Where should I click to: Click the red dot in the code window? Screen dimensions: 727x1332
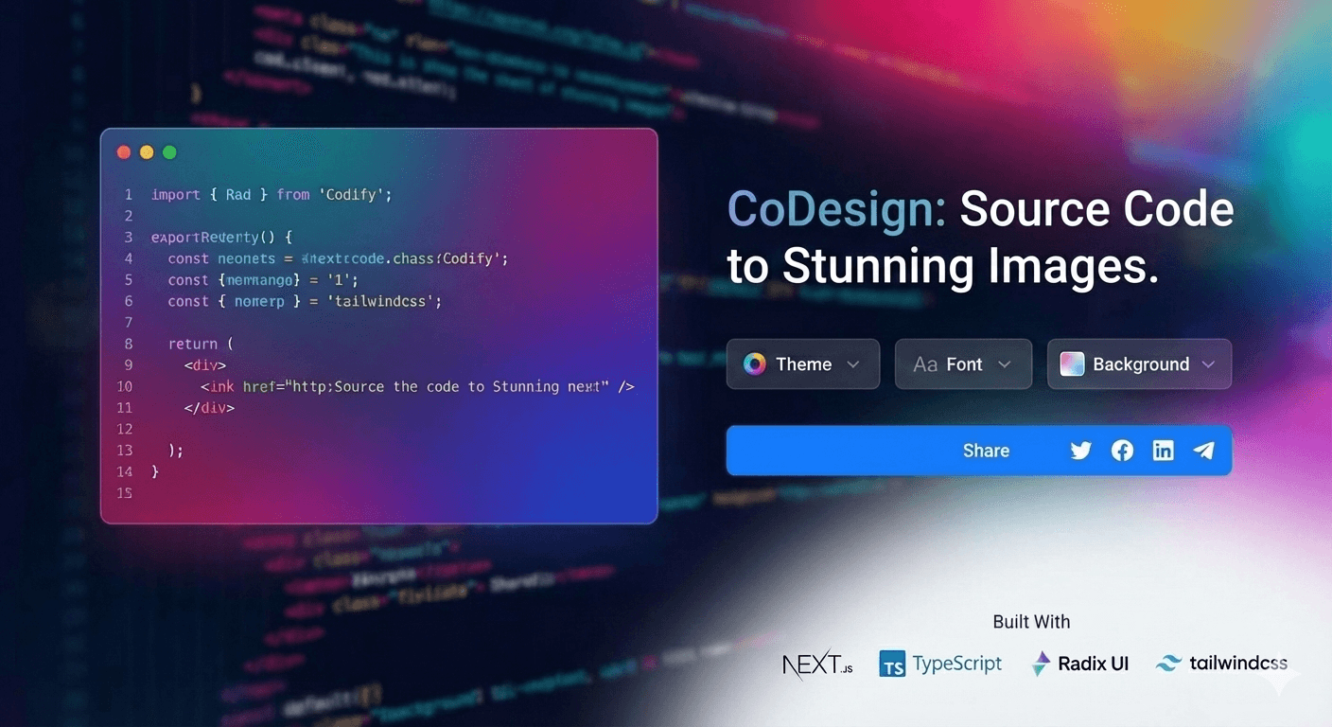[123, 152]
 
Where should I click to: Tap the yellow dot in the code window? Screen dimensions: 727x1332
[147, 152]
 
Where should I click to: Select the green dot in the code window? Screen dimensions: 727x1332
[169, 152]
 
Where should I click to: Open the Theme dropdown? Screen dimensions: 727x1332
[802, 364]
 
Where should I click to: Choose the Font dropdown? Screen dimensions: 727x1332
[962, 364]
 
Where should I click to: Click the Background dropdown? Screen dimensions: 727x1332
[1138, 364]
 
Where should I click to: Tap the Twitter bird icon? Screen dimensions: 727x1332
[1080, 451]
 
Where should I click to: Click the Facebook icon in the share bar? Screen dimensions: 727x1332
[1122, 451]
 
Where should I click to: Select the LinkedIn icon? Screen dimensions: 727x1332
[1163, 451]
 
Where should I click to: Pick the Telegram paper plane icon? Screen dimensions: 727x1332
[1203, 451]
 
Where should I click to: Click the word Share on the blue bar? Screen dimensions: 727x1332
[986, 451]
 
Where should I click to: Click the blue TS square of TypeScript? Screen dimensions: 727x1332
[892, 665]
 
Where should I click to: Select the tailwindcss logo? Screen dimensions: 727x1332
[1221, 664]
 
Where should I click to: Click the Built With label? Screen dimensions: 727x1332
[1031, 622]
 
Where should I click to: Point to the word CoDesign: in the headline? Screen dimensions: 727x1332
[836, 209]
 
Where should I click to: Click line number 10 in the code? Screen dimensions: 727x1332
[124, 386]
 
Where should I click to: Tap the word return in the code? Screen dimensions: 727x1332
[192, 344]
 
